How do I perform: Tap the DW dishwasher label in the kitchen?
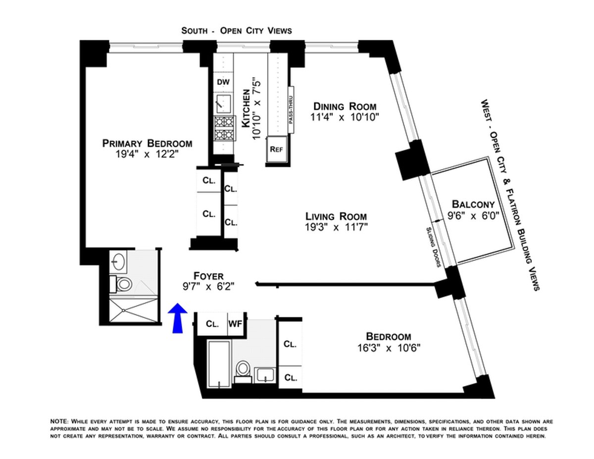[x=221, y=82]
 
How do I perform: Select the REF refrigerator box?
[x=276, y=150]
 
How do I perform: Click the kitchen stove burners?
[x=223, y=128]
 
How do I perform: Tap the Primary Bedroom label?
[x=147, y=144]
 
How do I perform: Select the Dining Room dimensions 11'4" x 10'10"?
[x=345, y=118]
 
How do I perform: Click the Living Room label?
[x=336, y=216]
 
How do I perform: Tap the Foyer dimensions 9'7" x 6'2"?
[x=208, y=286]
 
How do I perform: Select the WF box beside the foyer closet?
[x=234, y=324]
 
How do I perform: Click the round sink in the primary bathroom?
[x=119, y=260]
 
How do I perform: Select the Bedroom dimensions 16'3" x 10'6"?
[x=388, y=348]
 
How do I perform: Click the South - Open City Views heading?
[x=237, y=31]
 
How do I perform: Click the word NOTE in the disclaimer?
[x=59, y=421]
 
